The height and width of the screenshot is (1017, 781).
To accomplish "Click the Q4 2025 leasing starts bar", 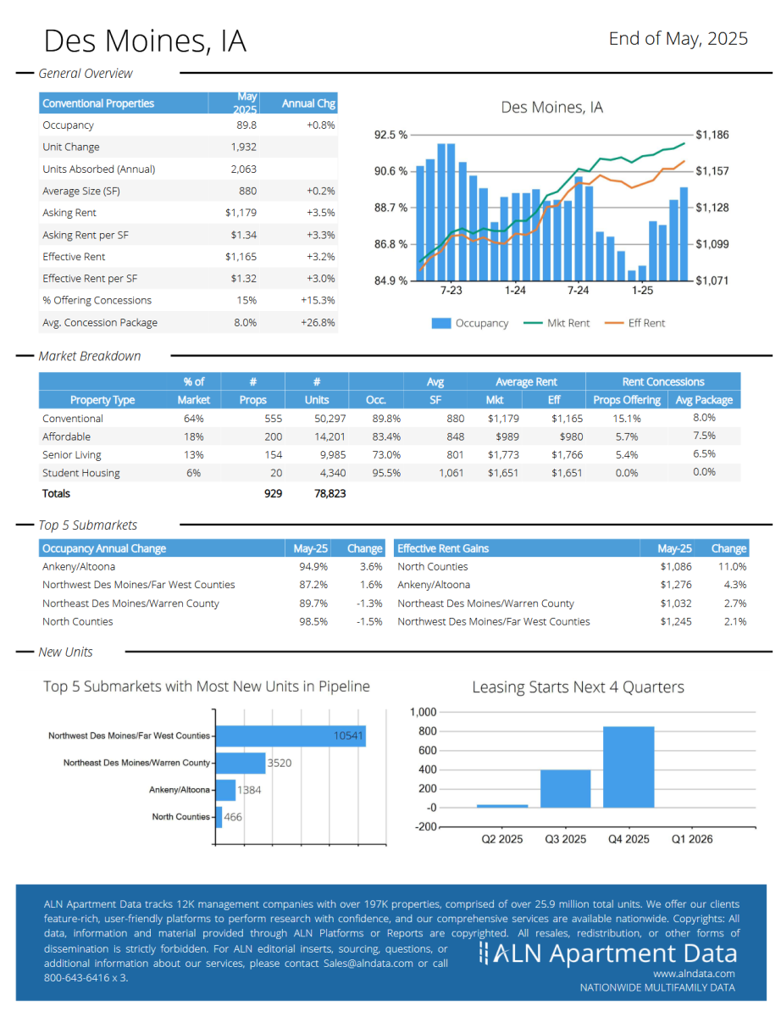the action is click(628, 766).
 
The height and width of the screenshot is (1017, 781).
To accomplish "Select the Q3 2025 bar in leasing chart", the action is click(565, 788).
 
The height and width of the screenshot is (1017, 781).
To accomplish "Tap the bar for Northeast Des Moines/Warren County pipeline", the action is click(241, 763).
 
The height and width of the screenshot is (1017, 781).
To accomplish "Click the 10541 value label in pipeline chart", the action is click(348, 736).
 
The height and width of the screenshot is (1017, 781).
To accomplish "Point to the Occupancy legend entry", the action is click(469, 323).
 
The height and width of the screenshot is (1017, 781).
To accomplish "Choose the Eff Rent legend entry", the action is click(634, 323).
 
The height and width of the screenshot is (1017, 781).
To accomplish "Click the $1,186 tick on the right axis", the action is click(712, 135).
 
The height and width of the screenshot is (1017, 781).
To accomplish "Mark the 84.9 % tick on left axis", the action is click(390, 281).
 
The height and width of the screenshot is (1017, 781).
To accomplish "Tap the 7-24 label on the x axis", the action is click(578, 290).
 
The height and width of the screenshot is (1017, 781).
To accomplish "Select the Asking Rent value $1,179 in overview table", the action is click(241, 213).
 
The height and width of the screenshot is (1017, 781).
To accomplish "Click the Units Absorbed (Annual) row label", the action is click(98, 169).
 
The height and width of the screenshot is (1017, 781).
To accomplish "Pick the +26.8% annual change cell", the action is click(318, 322).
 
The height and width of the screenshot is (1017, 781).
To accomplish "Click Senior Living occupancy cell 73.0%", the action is click(386, 454).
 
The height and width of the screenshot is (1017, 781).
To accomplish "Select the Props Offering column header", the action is click(627, 400).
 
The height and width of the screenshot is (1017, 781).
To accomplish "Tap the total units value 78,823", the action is click(330, 493).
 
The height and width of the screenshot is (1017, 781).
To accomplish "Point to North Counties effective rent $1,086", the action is click(676, 566).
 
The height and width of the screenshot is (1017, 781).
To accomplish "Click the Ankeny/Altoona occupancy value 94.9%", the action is click(313, 566).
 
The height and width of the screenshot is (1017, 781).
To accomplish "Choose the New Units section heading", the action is click(65, 652).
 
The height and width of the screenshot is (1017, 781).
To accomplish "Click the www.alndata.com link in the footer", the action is click(694, 974).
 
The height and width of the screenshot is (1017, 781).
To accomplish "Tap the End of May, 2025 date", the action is click(679, 39).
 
